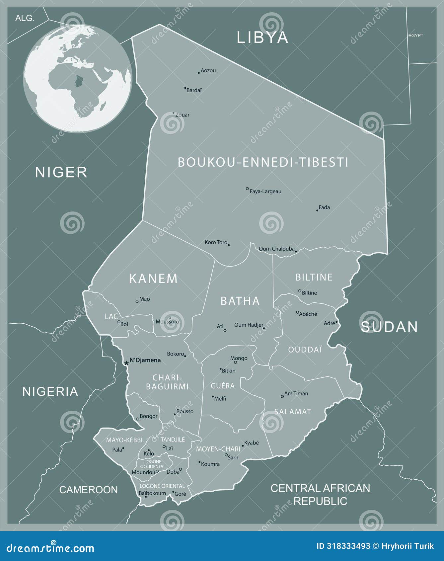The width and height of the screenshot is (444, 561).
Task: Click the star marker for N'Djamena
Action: pyautogui.click(x=126, y=363)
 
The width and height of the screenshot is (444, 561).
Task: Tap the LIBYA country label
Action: pyautogui.click(x=262, y=38)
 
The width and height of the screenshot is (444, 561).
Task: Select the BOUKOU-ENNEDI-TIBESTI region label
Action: pyautogui.click(x=263, y=162)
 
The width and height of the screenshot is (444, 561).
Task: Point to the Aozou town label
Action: pyautogui.click(x=208, y=70)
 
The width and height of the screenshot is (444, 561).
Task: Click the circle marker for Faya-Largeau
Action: pyautogui.click(x=247, y=189)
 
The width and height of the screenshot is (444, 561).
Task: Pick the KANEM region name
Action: pyautogui.click(x=153, y=279)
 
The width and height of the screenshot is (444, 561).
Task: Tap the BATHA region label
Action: pyautogui.click(x=240, y=301)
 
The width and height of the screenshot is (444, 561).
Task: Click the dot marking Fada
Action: pyautogui.click(x=317, y=210)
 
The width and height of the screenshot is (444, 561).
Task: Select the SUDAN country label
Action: pyautogui.click(x=389, y=327)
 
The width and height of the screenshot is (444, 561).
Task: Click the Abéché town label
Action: pyautogui.click(x=308, y=314)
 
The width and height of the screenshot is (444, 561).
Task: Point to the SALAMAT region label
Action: pyautogui.click(x=293, y=412)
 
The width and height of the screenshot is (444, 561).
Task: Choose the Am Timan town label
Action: pyautogui.click(x=296, y=393)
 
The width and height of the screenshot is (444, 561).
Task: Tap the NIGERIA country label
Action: pyautogui.click(x=50, y=392)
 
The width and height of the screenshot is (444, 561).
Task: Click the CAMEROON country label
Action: pyautogui.click(x=88, y=490)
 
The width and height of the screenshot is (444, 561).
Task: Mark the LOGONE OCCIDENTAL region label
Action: pyautogui.click(x=153, y=464)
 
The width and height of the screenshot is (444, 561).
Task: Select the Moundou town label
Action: pyautogui.click(x=143, y=472)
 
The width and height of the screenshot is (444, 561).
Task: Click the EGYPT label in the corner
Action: pyautogui.click(x=415, y=36)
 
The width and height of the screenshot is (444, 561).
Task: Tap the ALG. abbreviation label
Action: pyautogui.click(x=25, y=18)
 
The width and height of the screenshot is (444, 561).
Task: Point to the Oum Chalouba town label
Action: pyautogui.click(x=276, y=249)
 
